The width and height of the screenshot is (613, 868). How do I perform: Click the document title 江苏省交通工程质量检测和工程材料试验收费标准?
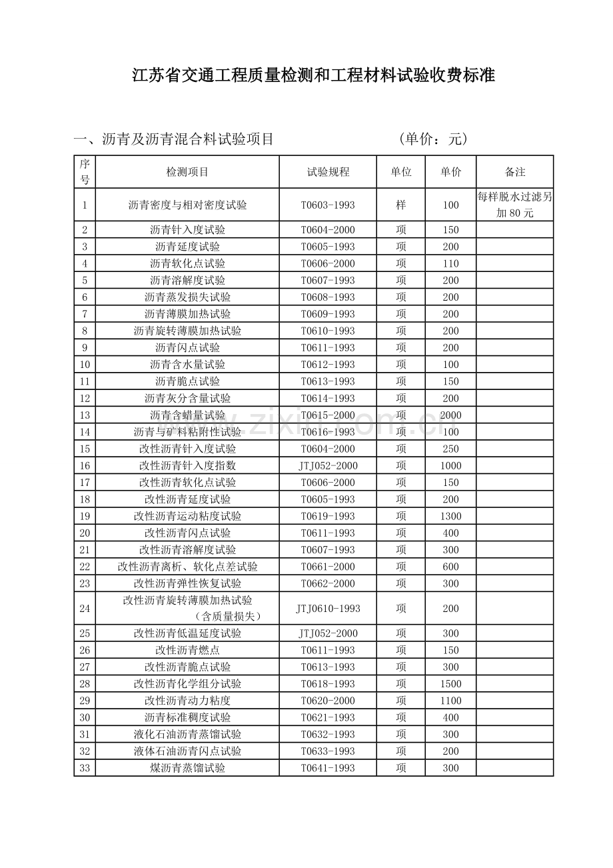314,75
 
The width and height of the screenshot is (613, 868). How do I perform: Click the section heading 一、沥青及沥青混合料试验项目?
174,139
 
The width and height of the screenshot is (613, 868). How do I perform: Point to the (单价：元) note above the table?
434,139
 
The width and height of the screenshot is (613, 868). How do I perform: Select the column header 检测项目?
187,172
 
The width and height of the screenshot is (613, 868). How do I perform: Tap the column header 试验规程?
328,172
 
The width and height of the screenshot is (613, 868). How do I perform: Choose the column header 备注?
515,172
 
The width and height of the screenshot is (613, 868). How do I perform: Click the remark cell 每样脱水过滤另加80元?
515,205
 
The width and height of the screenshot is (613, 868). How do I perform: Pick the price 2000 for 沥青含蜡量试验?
450,415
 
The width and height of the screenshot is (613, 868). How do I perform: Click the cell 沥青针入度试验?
187,230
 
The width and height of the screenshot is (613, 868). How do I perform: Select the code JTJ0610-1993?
328,608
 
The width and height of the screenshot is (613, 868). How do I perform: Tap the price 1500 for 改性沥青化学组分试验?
450,684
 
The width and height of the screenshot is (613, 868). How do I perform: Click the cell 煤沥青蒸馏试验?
187,768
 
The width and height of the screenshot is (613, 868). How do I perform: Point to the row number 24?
85,608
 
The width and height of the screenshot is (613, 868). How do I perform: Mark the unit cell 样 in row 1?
400,205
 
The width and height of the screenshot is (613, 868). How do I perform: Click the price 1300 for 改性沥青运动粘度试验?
450,516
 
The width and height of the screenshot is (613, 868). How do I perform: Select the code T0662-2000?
328,583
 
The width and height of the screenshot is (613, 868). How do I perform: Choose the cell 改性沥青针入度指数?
187,465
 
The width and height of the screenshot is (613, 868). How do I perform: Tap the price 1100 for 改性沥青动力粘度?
450,701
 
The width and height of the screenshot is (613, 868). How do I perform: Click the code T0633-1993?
328,751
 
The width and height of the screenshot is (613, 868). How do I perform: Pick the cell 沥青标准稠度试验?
187,717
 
